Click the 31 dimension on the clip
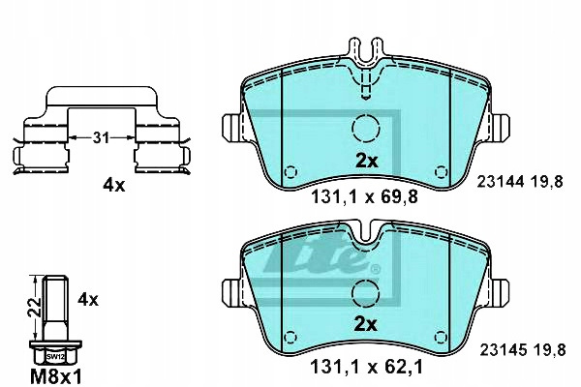tap(101, 138)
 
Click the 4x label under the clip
tap(114, 185)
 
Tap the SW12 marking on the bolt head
tap(55, 357)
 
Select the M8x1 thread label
tap(55, 377)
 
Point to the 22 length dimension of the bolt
tap(34, 307)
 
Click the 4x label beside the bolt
tap(88, 299)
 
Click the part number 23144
tap(501, 182)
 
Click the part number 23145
tap(504, 349)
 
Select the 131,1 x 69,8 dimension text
tap(365, 197)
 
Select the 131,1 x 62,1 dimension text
tap(366, 368)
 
